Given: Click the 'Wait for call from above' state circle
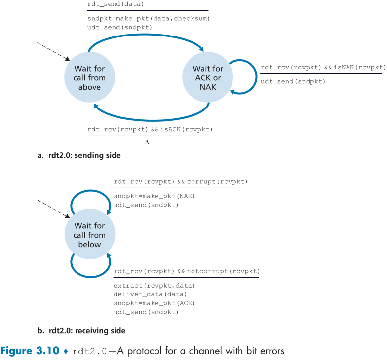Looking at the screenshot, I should coord(89,77).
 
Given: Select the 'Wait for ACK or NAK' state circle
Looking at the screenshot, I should coord(207,77).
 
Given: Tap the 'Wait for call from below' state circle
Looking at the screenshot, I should coord(89,235).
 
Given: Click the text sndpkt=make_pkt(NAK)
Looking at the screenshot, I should coord(155,196).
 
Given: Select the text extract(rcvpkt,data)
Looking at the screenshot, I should coord(155,286).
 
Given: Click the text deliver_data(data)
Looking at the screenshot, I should coord(151,294).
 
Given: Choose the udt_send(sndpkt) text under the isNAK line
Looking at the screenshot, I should coord(293,81).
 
